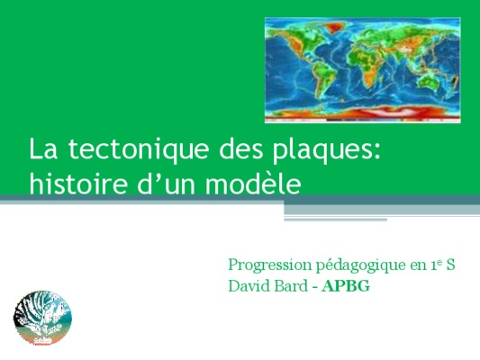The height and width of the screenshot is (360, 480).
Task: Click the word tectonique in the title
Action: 139,149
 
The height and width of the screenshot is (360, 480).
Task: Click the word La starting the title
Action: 43,149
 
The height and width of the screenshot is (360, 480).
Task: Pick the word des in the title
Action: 241,149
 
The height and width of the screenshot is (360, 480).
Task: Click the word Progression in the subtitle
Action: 269,265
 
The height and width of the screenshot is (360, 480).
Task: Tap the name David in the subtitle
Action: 248,286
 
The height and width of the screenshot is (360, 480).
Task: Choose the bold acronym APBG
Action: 346,286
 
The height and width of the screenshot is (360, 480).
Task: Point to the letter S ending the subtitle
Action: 450,265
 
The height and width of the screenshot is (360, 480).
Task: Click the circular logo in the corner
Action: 42,318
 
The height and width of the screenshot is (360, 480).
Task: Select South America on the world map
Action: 323,79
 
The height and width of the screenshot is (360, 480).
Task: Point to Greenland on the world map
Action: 334,29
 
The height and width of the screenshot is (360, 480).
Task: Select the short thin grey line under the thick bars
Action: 336,220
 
